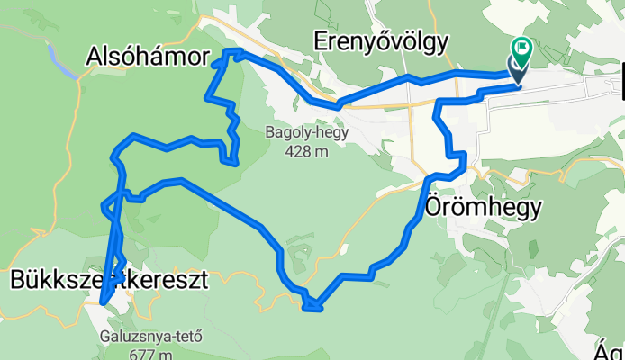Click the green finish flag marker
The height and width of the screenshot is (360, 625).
click(522, 48)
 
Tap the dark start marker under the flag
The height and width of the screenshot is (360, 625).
click(519, 69)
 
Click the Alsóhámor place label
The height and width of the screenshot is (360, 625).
click(145, 56)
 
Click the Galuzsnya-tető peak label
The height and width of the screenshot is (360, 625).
click(150, 338)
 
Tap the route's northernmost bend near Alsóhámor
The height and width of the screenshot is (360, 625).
click(232, 51)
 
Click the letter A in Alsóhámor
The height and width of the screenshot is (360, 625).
click(95, 56)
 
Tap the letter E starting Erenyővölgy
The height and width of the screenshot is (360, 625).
click(321, 40)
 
